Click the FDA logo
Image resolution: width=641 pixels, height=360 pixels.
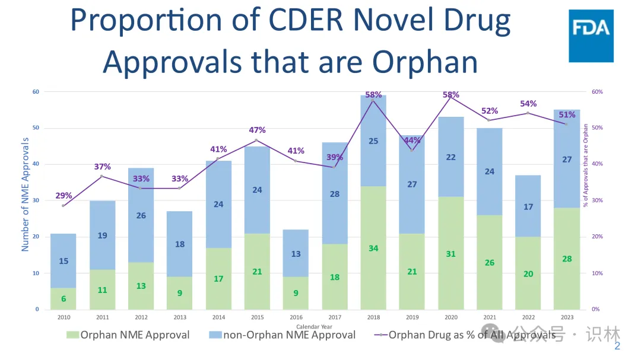591,36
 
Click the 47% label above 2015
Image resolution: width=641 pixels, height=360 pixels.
257,130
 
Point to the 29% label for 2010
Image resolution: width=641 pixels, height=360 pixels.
64,196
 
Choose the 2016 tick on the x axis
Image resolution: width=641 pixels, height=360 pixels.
296,318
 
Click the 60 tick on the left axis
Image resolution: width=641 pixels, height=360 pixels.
36,92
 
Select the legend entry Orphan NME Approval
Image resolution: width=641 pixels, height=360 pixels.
128,335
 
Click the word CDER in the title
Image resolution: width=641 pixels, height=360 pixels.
309,21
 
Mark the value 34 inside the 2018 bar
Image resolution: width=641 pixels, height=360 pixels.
373,248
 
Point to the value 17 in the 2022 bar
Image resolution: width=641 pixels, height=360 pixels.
528,207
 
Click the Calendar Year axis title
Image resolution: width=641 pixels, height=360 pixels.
314,327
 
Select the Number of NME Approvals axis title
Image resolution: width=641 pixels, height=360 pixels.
26,194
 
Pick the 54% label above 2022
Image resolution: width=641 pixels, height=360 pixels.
528,104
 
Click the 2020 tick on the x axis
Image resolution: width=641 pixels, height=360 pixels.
450,318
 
